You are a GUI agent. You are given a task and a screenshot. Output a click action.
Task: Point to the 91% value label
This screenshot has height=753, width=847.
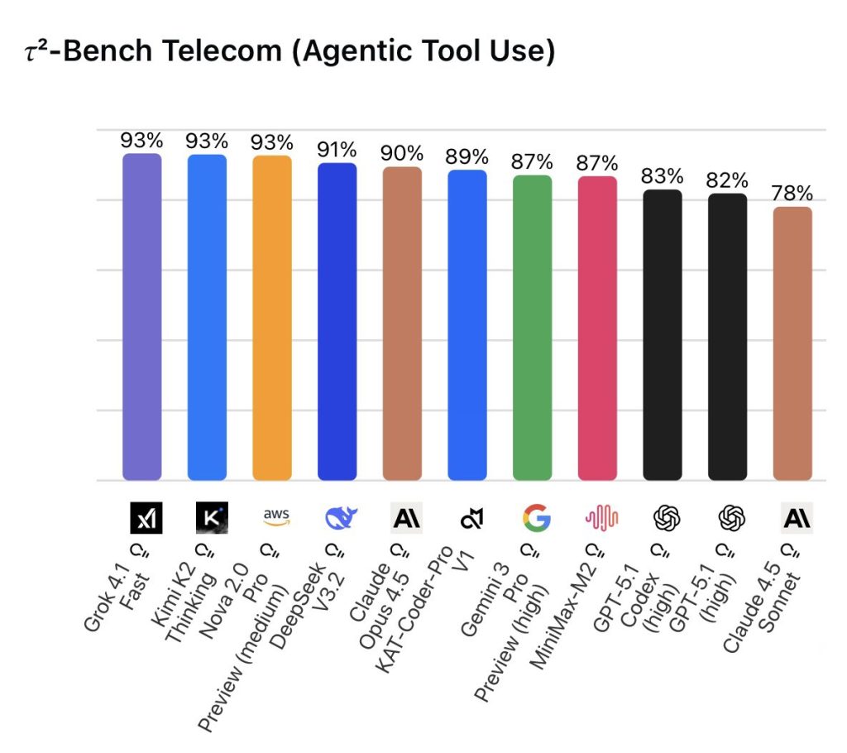(x=337, y=150)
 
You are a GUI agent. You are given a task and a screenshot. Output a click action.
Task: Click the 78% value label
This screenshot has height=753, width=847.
(x=792, y=194)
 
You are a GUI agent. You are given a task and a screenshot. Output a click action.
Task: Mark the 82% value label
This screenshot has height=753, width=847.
(x=727, y=180)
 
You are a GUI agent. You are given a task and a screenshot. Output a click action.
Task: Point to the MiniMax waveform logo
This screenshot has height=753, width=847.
(x=601, y=518)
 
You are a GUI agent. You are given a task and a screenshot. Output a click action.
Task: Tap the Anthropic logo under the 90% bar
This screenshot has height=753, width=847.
(x=406, y=518)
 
